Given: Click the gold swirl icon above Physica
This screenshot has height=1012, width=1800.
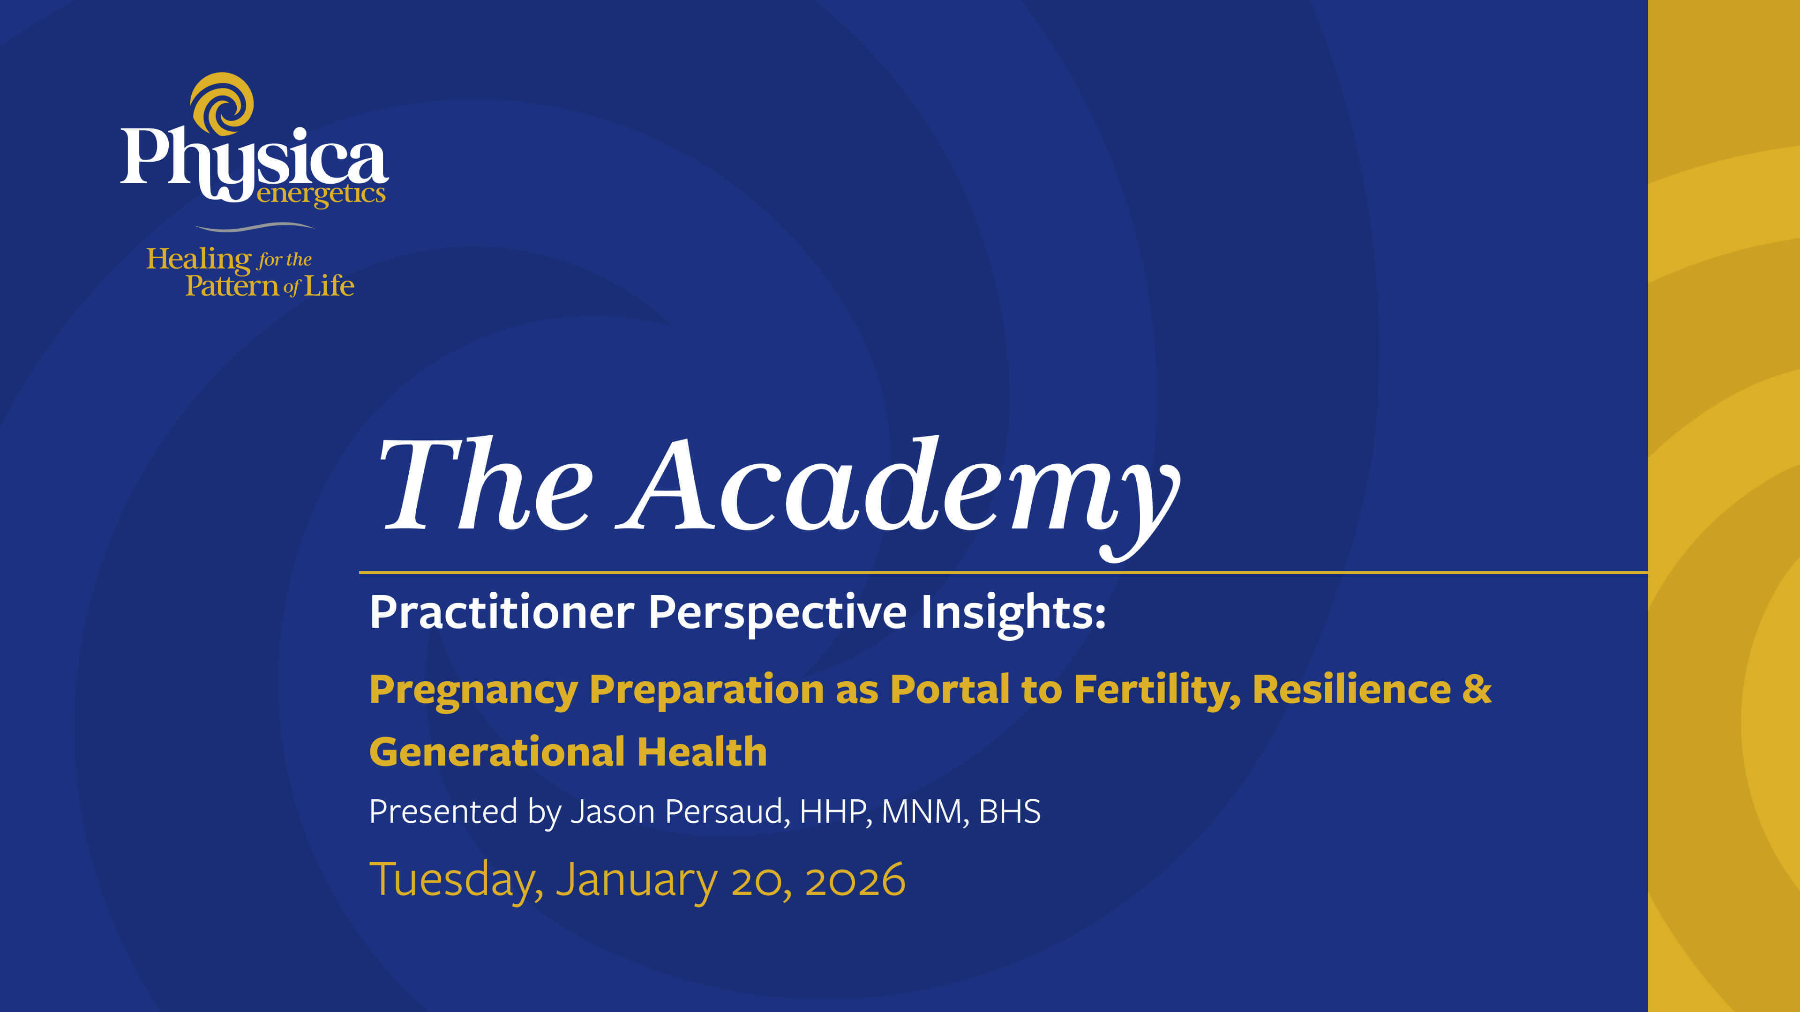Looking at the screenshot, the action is (x=222, y=104).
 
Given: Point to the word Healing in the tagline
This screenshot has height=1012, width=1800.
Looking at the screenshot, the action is (x=198, y=260).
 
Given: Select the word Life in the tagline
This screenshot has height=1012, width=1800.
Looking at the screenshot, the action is (x=329, y=286).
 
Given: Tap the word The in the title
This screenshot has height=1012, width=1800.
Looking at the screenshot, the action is (x=485, y=484).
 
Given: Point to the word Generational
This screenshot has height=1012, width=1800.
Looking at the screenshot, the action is (x=497, y=752).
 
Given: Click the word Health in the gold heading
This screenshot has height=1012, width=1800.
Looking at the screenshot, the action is (x=702, y=752).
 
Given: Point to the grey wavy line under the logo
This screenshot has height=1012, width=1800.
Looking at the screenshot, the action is (x=255, y=227).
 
